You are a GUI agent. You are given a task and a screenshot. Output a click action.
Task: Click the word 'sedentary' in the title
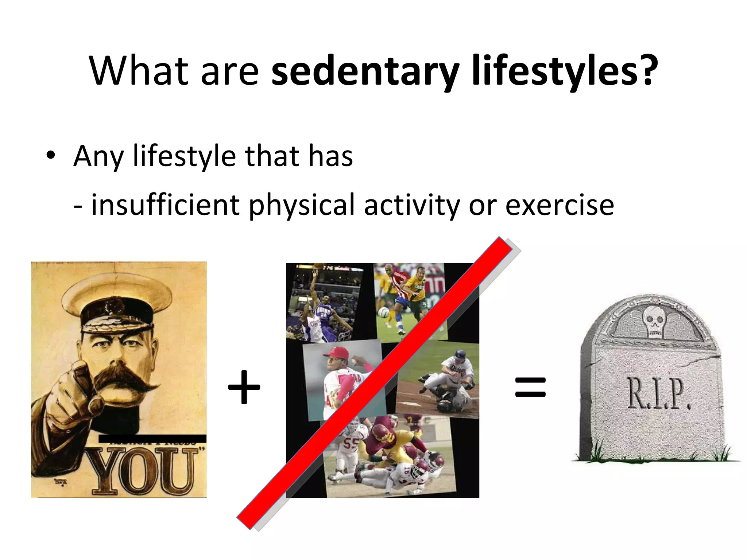coord(365,71)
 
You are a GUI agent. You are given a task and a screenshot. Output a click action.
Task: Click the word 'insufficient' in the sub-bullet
coord(165,205)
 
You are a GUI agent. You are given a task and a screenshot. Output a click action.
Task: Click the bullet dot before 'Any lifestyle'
coord(51,156)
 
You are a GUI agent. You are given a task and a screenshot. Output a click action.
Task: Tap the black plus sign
coord(244,387)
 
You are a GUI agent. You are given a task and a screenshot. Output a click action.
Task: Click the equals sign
coord(530,387)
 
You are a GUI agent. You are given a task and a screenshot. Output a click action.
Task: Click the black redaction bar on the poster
coord(152,439)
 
